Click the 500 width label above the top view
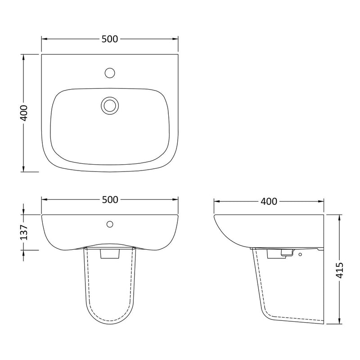click(x=110, y=39)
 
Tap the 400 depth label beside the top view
click(x=24, y=113)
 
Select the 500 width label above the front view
click(x=110, y=200)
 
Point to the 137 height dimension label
click(x=24, y=232)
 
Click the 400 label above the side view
click(x=269, y=201)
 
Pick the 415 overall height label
click(x=340, y=270)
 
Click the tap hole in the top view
click(x=110, y=73)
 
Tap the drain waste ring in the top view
click(x=110, y=105)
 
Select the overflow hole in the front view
click(x=110, y=224)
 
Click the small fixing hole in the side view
click(x=300, y=254)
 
